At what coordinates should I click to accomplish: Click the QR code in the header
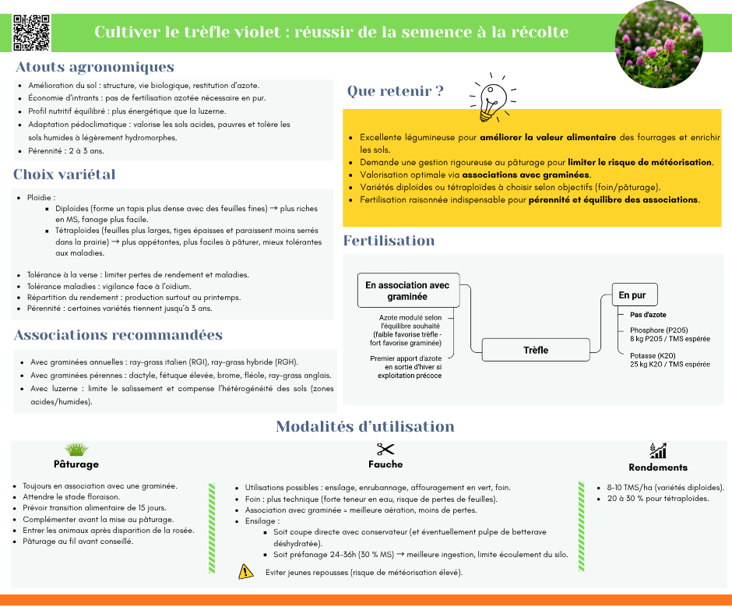coord(31,32)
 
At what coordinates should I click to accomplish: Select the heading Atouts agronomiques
coord(94,67)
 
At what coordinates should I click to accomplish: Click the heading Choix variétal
coord(65,175)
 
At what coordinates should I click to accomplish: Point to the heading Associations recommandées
coord(118,336)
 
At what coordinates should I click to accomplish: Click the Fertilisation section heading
coord(389,241)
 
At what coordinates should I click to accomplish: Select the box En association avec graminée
coord(407,291)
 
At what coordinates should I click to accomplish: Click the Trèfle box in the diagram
coord(535,350)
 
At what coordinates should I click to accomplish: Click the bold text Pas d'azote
coord(648,315)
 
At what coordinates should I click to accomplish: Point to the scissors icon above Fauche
coord(385,449)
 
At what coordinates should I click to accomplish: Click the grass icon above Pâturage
coord(76,449)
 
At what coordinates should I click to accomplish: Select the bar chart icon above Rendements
coord(658,450)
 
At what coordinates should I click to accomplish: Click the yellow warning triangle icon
coord(246,572)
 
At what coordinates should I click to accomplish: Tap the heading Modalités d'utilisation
coord(365,427)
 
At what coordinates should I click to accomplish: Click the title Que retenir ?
coord(396,92)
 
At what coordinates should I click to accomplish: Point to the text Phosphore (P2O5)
coord(659,330)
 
